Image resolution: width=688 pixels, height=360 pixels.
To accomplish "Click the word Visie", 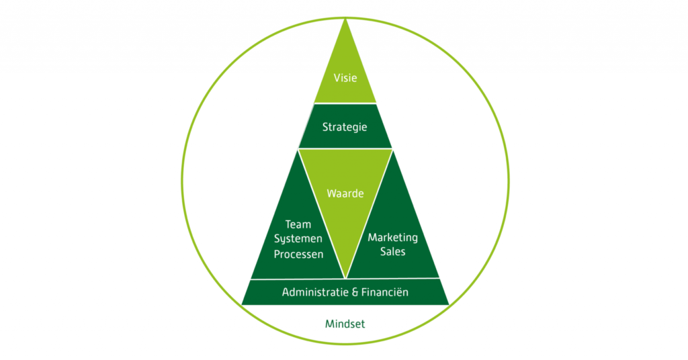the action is (345, 78).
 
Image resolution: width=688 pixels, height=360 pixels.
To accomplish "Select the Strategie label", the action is (345, 127).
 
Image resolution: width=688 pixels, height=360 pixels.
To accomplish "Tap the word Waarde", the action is (345, 193).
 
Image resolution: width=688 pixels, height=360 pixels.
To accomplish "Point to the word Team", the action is (298, 224).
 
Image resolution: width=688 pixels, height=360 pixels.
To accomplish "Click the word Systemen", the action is (298, 239).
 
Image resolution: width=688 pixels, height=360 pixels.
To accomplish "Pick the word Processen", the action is (299, 255).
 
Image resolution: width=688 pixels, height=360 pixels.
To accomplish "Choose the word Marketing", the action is (392, 238).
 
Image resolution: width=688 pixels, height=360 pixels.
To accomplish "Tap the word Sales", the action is (392, 252).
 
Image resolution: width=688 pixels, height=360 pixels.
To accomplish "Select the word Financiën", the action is (385, 292).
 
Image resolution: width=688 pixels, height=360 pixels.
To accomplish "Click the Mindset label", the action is (345, 324).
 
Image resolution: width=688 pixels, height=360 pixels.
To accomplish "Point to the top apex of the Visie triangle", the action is (345, 19).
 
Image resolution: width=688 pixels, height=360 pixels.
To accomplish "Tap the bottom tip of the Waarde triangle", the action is (346, 278).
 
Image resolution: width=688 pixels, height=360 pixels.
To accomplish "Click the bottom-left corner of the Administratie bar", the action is (241, 305).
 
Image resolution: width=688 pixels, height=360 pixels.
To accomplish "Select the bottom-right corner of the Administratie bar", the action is (449, 305).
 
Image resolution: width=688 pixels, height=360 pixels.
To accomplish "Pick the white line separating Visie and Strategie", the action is (345, 103).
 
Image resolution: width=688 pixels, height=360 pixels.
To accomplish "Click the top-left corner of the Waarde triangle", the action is (298, 150).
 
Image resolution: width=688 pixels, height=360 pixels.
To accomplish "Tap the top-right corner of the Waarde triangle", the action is (392, 150).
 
